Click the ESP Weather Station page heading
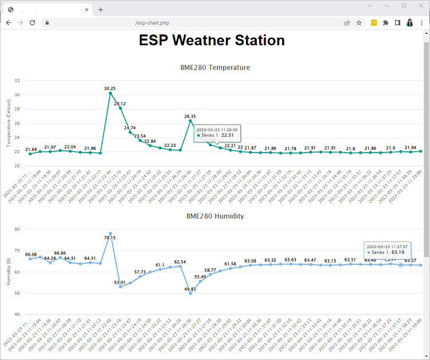(x=212, y=41)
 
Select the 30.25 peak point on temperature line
(x=110, y=93)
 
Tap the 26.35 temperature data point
(x=190, y=120)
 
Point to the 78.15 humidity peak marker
(x=110, y=234)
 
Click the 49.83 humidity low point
(x=190, y=294)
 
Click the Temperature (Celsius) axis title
(x=9, y=123)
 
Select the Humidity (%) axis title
(x=9, y=272)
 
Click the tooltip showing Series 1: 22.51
(x=217, y=133)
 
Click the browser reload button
(x=33, y=23)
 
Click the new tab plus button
(x=100, y=9)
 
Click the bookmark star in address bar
(x=359, y=23)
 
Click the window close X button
(x=419, y=6)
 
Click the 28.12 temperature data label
(x=120, y=104)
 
